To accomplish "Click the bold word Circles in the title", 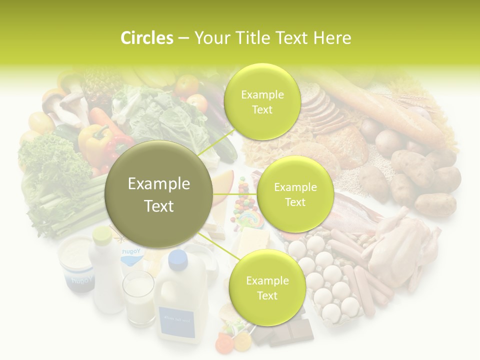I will pyautogui.click(x=147, y=38).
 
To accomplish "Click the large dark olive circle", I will pyautogui.click(x=159, y=194).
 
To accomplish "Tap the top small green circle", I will pyautogui.click(x=261, y=101).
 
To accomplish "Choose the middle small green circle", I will pyautogui.click(x=295, y=194).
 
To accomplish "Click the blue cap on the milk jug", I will pyautogui.click(x=177, y=258).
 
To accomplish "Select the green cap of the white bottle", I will pyautogui.click(x=102, y=234).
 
